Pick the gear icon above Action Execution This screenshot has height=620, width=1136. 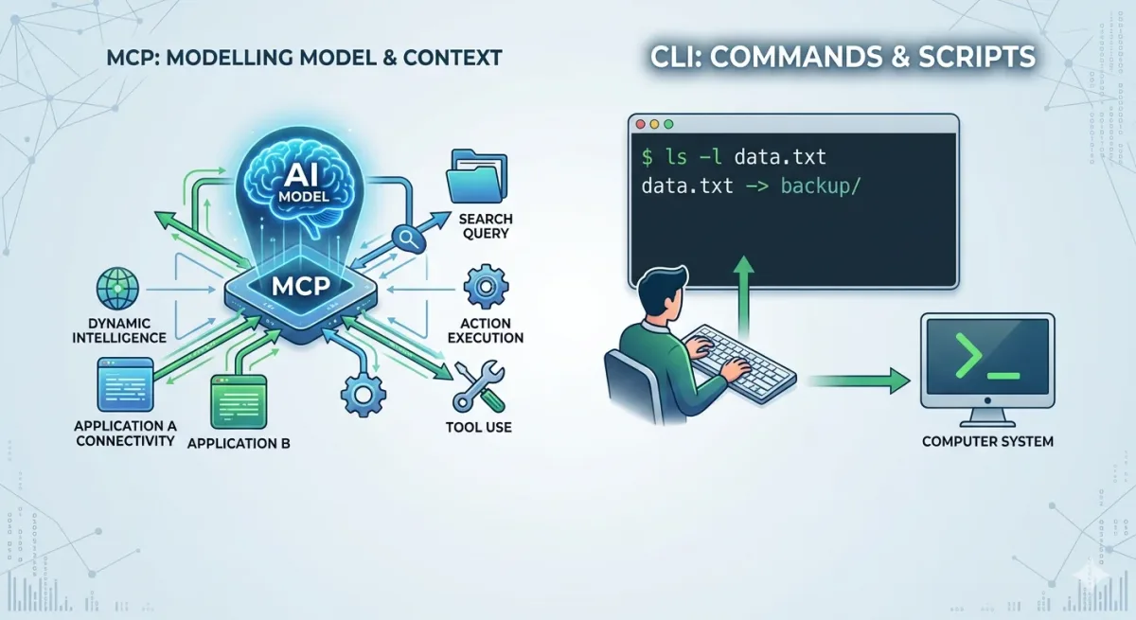point(487,288)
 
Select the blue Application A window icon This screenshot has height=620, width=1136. point(124,384)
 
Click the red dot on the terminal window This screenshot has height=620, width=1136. point(638,124)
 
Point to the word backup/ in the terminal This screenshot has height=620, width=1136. point(821,186)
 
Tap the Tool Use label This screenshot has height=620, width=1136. point(478,427)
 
